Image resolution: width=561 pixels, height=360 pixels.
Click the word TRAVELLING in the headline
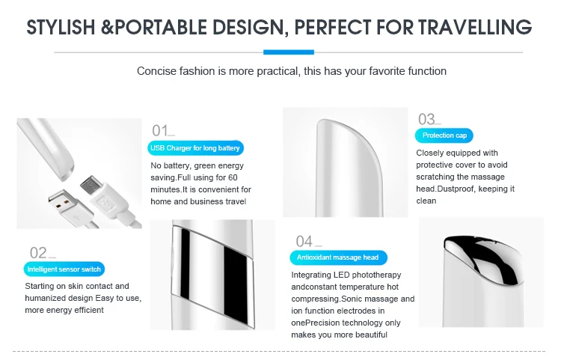click(x=475, y=27)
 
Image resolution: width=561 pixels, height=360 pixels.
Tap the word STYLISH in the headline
click(x=61, y=27)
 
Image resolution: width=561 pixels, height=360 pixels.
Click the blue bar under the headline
click(x=289, y=52)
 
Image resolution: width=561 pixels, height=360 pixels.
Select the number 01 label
click(x=160, y=131)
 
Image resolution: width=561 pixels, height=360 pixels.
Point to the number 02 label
click(x=38, y=253)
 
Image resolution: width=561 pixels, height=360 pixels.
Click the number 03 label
click(x=426, y=119)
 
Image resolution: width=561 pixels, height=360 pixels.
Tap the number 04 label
click(x=304, y=242)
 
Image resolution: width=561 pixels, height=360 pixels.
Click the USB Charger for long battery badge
click(x=195, y=147)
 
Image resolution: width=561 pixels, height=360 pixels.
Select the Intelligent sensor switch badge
click(x=64, y=269)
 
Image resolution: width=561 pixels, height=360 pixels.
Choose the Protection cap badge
click(x=444, y=135)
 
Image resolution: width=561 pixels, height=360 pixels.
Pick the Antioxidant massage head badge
click(x=338, y=257)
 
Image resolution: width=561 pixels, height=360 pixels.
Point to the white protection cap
click(x=348, y=168)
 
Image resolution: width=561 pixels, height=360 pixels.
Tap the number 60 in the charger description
click(x=233, y=177)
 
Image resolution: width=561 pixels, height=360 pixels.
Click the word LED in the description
click(x=341, y=275)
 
